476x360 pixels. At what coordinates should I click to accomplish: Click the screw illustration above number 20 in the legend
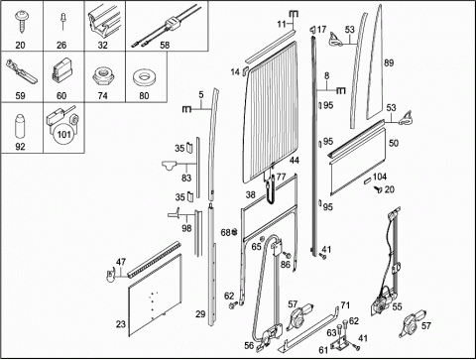click(21, 21)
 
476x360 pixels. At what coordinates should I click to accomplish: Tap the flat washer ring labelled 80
click(145, 78)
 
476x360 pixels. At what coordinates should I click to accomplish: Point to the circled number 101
click(63, 135)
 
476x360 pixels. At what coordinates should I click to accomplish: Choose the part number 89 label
click(389, 62)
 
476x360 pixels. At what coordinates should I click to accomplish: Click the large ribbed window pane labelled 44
click(271, 111)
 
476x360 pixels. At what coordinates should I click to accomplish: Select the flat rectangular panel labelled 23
click(155, 295)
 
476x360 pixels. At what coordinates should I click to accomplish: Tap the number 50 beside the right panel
click(394, 143)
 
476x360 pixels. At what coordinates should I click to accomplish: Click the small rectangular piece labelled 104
click(367, 180)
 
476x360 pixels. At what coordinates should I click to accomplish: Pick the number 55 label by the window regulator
click(397, 306)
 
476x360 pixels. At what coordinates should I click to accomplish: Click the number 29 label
click(200, 314)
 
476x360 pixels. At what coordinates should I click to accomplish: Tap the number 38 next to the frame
click(250, 195)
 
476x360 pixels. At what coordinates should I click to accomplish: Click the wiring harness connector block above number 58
click(172, 24)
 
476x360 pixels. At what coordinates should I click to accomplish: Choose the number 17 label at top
click(321, 30)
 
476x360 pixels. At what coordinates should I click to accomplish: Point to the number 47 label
click(121, 262)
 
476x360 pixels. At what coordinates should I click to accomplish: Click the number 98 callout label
click(186, 228)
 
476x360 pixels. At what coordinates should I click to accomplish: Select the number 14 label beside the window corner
click(235, 71)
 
